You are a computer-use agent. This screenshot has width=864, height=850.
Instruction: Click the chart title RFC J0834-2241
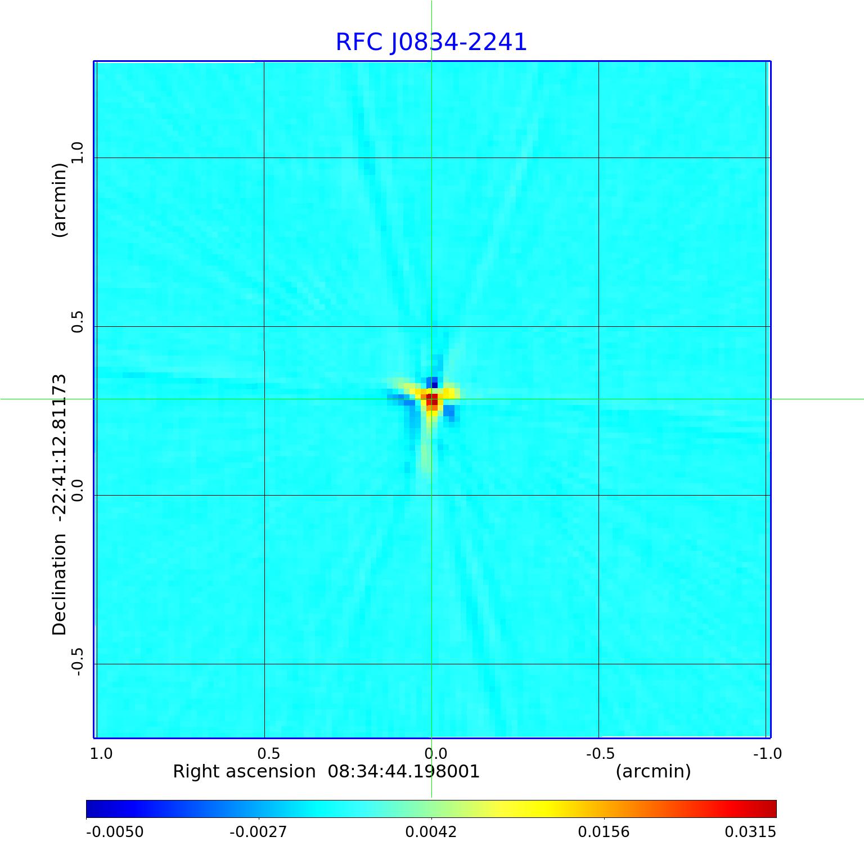[431, 42]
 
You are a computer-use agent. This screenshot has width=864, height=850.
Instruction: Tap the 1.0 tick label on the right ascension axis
[101, 753]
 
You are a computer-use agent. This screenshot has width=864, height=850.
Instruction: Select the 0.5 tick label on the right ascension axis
[268, 753]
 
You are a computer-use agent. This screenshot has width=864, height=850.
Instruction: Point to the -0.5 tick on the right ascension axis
[600, 753]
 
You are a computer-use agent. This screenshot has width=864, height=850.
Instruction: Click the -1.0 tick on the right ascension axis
[767, 753]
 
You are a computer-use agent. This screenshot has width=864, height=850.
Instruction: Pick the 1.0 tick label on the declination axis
[77, 152]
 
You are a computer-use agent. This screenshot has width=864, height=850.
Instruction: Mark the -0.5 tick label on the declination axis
[77, 662]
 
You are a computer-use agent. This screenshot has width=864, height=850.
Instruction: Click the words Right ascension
[244, 771]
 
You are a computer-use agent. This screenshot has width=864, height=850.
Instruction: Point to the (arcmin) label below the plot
[653, 771]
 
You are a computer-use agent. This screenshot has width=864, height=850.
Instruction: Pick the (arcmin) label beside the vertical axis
[60, 200]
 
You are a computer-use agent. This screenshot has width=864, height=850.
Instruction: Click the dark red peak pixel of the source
[431, 398]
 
